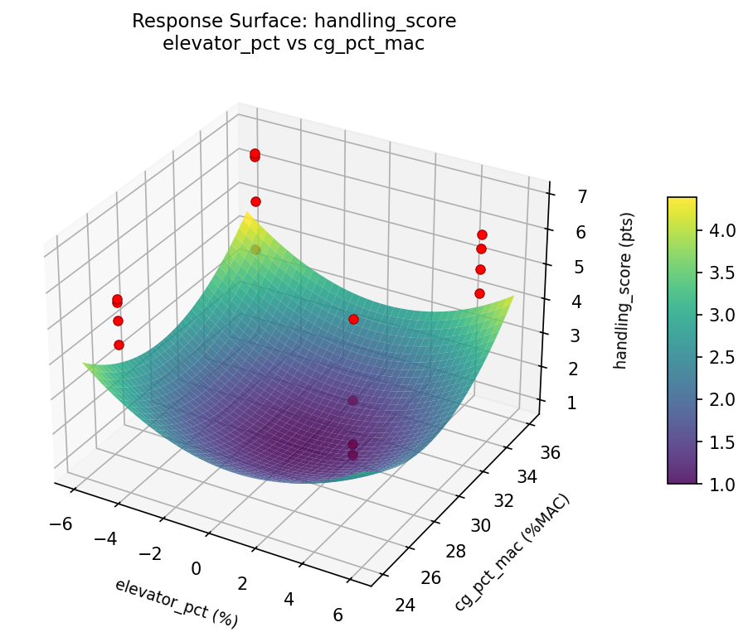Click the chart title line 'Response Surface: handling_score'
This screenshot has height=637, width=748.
pyautogui.click(x=294, y=22)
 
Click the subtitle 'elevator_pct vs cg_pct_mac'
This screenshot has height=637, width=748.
pyautogui.click(x=294, y=44)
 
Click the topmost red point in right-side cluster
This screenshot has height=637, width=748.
pyautogui.click(x=482, y=235)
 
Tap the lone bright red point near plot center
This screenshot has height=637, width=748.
pyautogui.click(x=353, y=319)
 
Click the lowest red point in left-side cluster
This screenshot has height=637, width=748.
pyautogui.click(x=119, y=345)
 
